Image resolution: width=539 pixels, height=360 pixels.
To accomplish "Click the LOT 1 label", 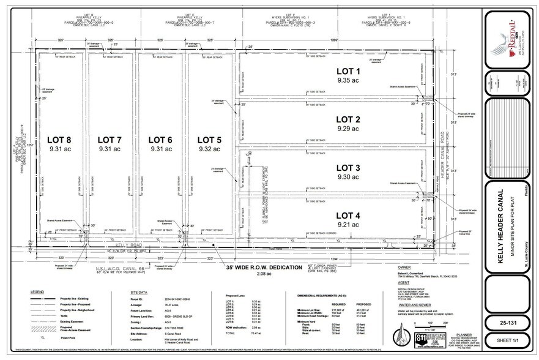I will (x=349, y=72).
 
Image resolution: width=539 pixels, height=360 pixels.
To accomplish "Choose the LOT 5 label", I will (x=210, y=140).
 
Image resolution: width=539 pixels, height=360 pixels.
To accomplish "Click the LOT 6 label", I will (x=160, y=140).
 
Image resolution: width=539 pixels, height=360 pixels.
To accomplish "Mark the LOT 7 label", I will (x=111, y=140).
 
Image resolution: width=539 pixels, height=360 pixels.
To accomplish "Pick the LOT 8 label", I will (x=60, y=140).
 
